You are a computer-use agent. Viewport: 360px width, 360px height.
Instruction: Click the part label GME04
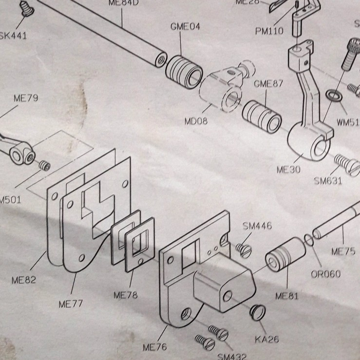point(185,26)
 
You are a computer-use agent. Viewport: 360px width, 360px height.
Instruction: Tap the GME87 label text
point(268,84)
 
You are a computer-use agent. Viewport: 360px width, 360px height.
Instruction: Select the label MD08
point(196,120)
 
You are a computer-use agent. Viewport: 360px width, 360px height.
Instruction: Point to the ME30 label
point(288,170)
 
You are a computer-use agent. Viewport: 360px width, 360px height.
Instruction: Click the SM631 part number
point(328,181)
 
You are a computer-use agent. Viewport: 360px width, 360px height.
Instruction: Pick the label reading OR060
point(326,274)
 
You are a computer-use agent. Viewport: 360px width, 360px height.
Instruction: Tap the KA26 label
point(266,339)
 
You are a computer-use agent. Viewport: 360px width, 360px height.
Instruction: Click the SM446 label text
point(257,226)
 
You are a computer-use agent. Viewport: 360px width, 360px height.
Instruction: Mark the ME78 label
point(125,295)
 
